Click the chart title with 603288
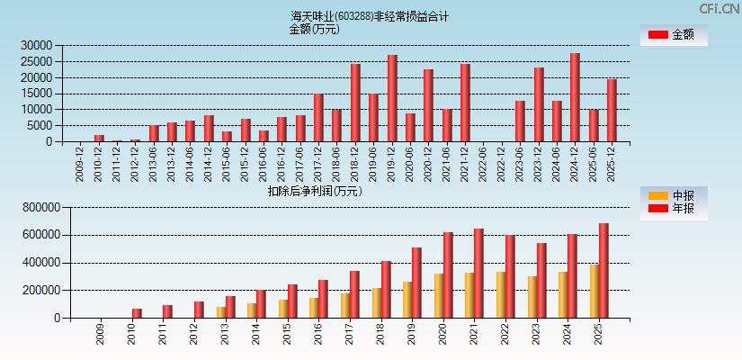click(370, 16)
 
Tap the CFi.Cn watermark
click(720, 8)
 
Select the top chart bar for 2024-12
click(575, 97)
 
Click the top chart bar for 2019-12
click(392, 98)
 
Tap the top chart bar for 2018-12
click(355, 103)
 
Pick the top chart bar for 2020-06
click(410, 127)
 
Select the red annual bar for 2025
click(603, 270)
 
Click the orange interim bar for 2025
click(594, 291)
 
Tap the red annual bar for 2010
click(137, 313)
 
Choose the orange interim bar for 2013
click(221, 312)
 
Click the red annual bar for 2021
click(478, 273)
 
